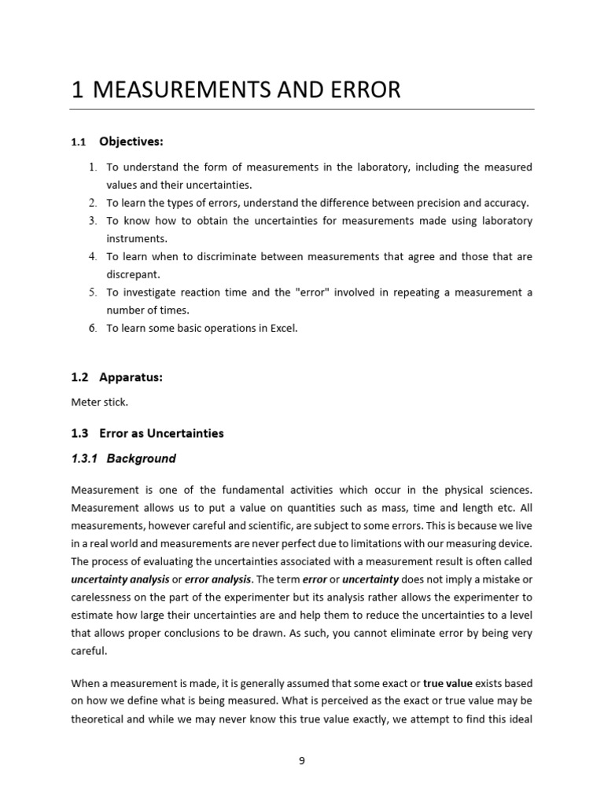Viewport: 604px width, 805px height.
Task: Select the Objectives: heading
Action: pyautogui.click(x=131, y=142)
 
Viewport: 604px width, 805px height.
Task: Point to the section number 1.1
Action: pyautogui.click(x=78, y=142)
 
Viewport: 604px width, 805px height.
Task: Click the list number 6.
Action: pyautogui.click(x=92, y=329)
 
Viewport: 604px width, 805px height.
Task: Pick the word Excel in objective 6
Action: pyautogui.click(x=284, y=329)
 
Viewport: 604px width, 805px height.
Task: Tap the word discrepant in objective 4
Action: pyautogui.click(x=133, y=274)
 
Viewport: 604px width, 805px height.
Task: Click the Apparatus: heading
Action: pyautogui.click(x=131, y=377)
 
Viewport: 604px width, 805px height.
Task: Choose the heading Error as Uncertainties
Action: pyautogui.click(x=161, y=433)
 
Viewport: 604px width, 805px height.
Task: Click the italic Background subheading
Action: pyautogui.click(x=142, y=458)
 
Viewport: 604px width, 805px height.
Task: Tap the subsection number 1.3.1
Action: pyautogui.click(x=84, y=458)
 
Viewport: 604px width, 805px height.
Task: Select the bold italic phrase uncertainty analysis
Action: pyautogui.click(x=120, y=579)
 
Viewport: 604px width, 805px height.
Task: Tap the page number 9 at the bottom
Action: pyautogui.click(x=302, y=759)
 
